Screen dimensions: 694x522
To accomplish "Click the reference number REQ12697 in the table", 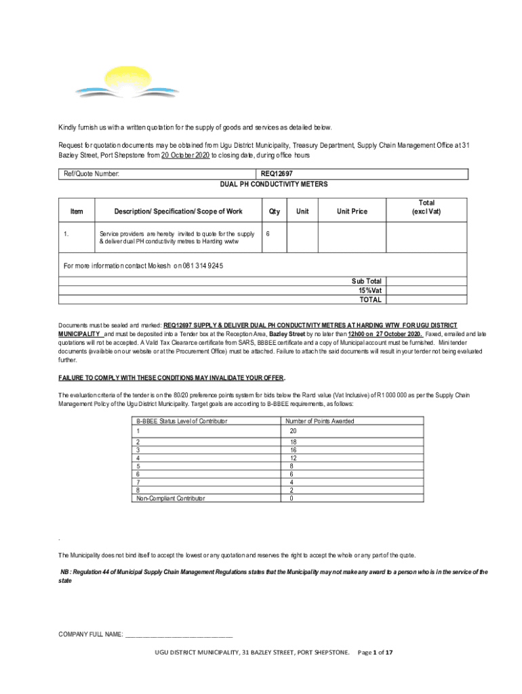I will pyautogui.click(x=276, y=174).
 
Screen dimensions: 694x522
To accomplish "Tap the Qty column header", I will pyautogui.click(x=275, y=211).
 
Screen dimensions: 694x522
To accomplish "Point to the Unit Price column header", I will pyautogui.click(x=353, y=211).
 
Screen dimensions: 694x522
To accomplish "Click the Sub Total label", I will pyautogui.click(x=366, y=281).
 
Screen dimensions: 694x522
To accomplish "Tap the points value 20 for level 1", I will pyautogui.click(x=293, y=431).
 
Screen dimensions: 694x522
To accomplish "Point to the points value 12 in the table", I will pyautogui.click(x=293, y=457).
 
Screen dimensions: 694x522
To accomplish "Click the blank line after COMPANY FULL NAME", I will pyautogui.click(x=179, y=634).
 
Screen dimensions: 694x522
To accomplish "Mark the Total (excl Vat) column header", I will pyautogui.click(x=426, y=207).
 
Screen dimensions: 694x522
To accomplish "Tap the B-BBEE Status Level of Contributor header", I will pyautogui.click(x=181, y=421).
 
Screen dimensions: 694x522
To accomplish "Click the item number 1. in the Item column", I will pyautogui.click(x=66, y=234).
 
